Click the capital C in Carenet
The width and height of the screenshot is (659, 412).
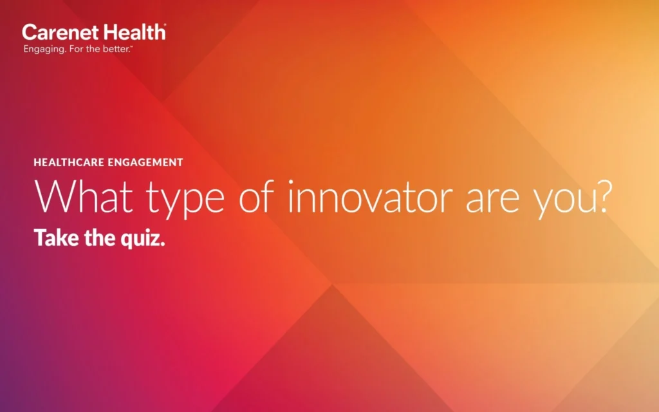29,32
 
